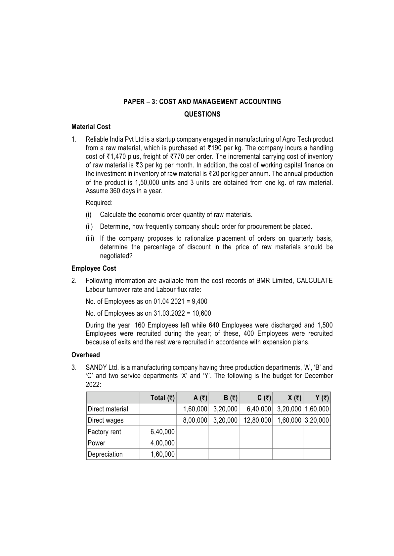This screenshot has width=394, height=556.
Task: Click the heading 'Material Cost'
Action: [91, 127]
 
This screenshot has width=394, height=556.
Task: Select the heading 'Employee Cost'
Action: [94, 268]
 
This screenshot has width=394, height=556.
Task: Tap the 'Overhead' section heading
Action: [85, 355]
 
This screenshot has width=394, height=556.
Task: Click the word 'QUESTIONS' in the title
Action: [202, 114]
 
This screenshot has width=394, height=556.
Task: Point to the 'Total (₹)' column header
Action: [162, 398]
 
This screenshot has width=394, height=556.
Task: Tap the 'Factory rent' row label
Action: [104, 432]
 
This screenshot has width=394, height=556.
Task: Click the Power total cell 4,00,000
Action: [162, 443]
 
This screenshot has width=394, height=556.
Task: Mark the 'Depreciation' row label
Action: [105, 454]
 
